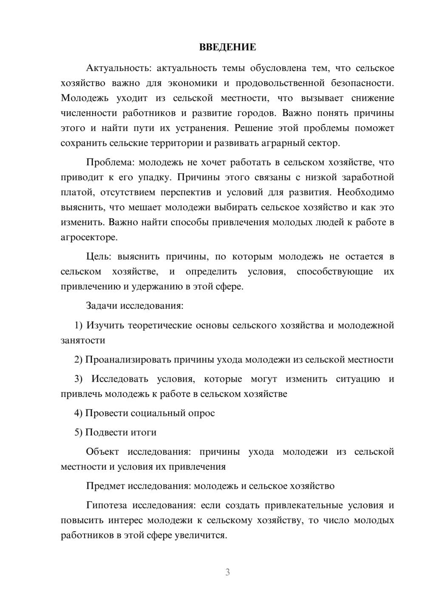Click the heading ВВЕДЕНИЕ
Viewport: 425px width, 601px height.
click(x=227, y=47)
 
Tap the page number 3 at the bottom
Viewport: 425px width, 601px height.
click(x=227, y=572)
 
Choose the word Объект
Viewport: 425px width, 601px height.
click(x=102, y=451)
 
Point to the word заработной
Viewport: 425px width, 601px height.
click(x=368, y=177)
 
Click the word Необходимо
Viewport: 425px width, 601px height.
click(x=365, y=192)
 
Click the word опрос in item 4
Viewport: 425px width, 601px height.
click(x=201, y=413)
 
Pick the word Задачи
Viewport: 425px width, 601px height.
click(x=102, y=306)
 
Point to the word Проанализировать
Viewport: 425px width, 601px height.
click(x=128, y=360)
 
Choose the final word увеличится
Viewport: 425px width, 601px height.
click(x=201, y=536)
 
